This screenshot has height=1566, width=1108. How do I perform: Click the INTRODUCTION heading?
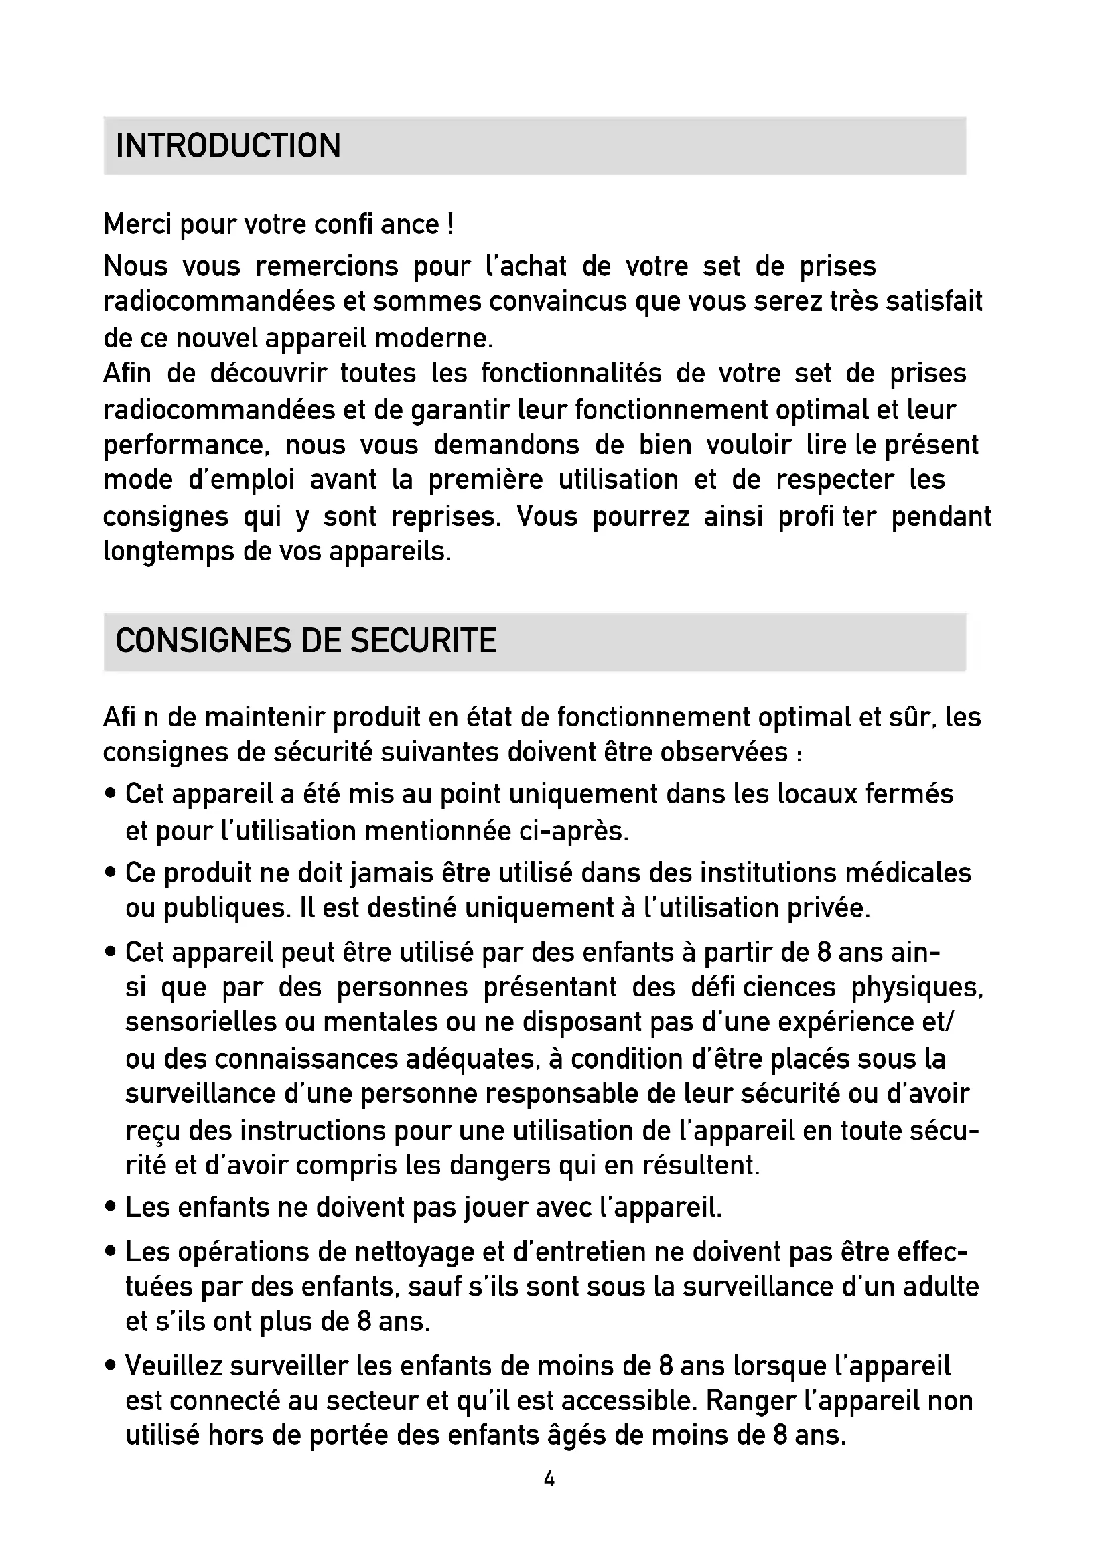tap(228, 146)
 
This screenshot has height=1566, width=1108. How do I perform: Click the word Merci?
tap(137, 224)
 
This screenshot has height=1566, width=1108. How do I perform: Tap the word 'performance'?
tap(182, 445)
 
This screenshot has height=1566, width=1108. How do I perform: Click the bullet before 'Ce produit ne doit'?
tap(110, 873)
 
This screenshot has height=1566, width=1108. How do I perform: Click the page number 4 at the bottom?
tap(549, 1479)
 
